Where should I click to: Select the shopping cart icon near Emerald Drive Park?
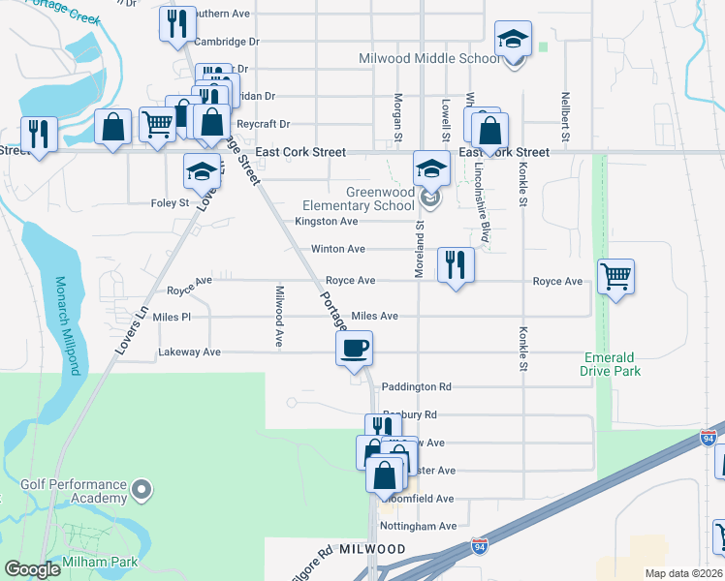click(615, 277)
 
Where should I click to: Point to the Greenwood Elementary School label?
click(359, 199)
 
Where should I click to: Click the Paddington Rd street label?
click(417, 386)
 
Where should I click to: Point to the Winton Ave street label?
click(337, 249)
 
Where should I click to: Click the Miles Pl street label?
click(172, 318)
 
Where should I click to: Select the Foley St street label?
click(170, 203)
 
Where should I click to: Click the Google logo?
click(32, 569)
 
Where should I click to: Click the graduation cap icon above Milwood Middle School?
click(513, 39)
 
